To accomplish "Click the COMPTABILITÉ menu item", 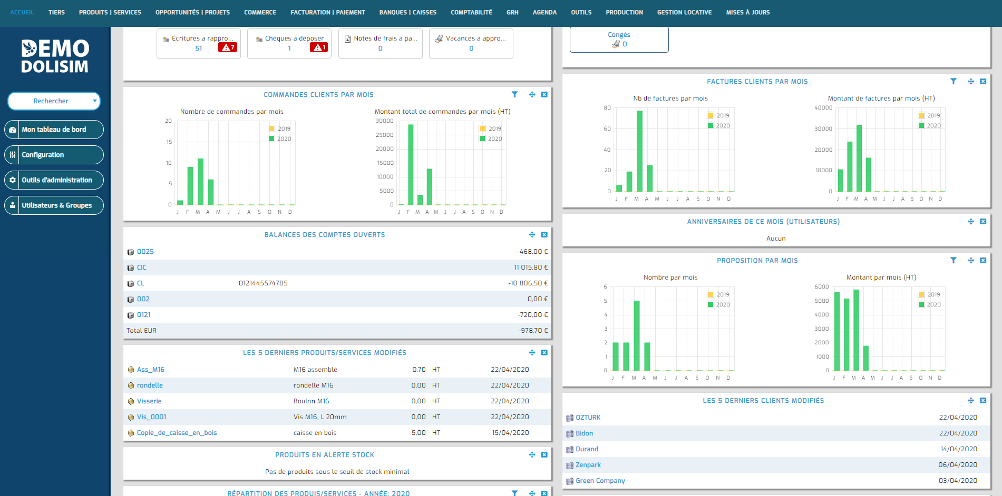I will (471, 12).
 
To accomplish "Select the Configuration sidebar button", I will (54, 155).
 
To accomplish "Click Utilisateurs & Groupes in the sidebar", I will (54, 205).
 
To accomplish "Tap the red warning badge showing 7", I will (228, 47).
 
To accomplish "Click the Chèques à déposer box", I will (289, 43).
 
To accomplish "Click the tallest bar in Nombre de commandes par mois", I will (200, 182).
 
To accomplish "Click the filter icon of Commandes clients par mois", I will (514, 95).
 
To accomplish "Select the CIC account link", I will (142, 267).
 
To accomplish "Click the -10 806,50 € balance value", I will (528, 283).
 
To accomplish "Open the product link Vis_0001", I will (151, 417).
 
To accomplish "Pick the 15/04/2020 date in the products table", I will (510, 433).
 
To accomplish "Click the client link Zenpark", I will (588, 465).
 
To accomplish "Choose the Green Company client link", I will (600, 481).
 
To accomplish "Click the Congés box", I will (619, 39).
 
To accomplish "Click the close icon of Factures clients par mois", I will (983, 82).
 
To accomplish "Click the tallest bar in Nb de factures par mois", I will (639, 151).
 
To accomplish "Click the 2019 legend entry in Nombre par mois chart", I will (718, 294).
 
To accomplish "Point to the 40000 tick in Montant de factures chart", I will (823, 108).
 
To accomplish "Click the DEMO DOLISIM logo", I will (55, 56).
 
